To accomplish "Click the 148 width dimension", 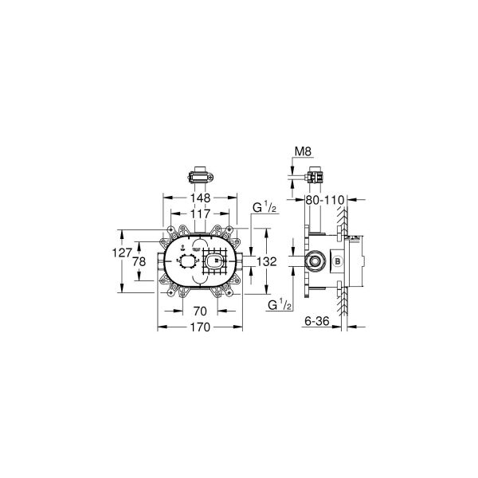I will click(x=200, y=198).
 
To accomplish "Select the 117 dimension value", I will click(x=200, y=214).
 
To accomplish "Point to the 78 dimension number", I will click(x=139, y=262).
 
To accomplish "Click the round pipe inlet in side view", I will click(x=315, y=261).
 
